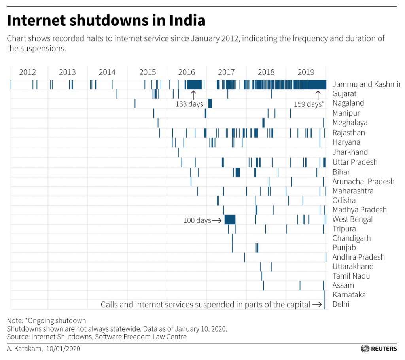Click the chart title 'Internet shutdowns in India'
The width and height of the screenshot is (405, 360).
(106, 20)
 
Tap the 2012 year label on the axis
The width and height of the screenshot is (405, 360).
(27, 72)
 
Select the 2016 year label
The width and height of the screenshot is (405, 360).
(187, 72)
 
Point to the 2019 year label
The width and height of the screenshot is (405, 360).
(306, 72)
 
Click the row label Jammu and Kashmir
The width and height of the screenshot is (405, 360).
(367, 84)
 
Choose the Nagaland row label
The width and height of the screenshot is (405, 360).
(348, 103)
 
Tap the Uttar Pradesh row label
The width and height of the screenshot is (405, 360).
(355, 162)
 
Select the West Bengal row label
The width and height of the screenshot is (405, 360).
(352, 220)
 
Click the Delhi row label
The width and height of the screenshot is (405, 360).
(341, 304)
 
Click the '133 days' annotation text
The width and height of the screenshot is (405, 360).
(189, 104)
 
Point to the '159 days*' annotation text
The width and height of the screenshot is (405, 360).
(308, 104)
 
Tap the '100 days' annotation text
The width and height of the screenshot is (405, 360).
(197, 220)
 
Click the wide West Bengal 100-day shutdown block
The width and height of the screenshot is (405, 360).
(230, 220)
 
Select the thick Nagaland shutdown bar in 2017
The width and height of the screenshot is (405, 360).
(210, 103)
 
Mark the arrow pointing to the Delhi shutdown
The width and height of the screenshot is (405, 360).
(316, 305)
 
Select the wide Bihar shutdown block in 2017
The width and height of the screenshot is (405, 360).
(238, 172)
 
